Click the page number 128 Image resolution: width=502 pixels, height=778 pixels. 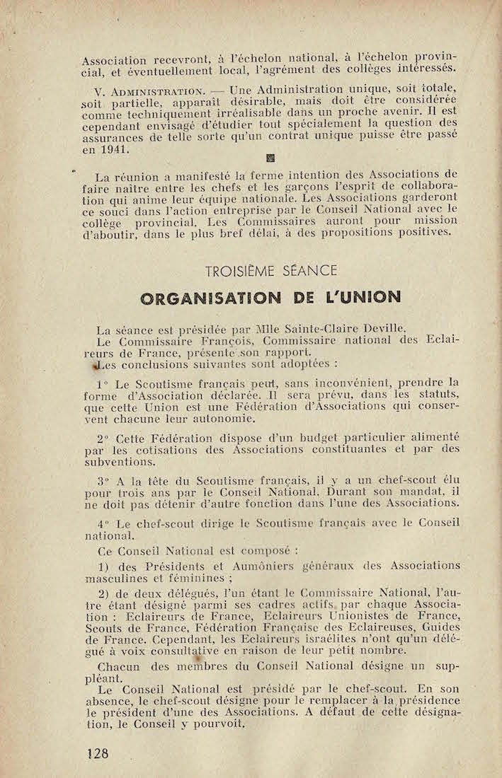coord(98,753)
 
